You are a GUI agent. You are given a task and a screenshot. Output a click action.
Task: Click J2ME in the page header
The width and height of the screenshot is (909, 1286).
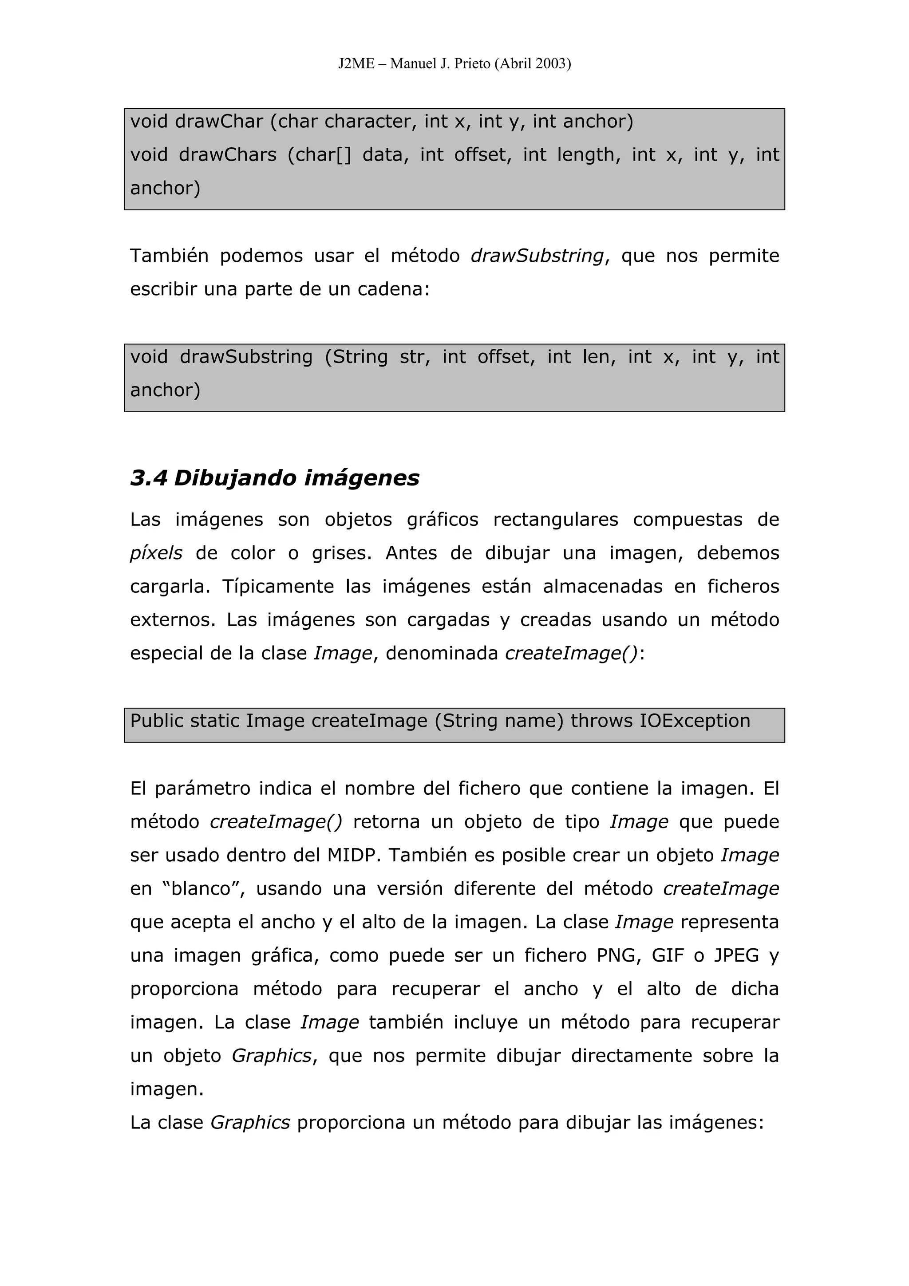click(x=356, y=64)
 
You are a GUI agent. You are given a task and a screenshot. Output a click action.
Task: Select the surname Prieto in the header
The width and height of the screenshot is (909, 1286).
click(x=471, y=64)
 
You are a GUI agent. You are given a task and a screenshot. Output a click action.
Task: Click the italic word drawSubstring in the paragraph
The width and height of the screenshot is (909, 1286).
click(x=537, y=256)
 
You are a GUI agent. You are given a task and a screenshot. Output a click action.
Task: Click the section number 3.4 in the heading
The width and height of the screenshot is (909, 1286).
click(x=148, y=478)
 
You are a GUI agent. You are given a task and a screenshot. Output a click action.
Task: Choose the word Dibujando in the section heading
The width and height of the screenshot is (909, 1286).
click(x=235, y=478)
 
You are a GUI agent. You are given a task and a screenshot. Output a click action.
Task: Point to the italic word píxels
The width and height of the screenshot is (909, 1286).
click(x=156, y=553)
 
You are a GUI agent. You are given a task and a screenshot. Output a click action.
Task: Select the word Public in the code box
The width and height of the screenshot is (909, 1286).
click(x=156, y=721)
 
